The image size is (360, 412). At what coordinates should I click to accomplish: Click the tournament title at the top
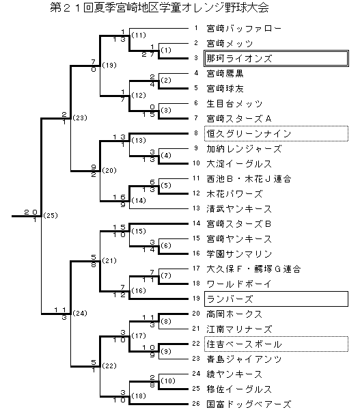click(159, 8)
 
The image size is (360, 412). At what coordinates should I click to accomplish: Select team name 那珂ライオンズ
click(239, 58)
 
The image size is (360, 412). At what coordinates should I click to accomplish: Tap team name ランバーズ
click(230, 299)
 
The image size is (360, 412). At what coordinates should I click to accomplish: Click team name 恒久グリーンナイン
click(249, 134)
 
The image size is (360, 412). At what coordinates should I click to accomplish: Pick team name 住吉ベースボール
click(244, 344)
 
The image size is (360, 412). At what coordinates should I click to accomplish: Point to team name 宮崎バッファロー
click(244, 29)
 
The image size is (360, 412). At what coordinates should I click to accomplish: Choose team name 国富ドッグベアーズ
click(249, 404)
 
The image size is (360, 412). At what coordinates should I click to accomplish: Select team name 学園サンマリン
click(239, 254)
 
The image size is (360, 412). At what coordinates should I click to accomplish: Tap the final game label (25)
click(51, 216)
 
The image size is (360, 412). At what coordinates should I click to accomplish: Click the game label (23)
click(80, 118)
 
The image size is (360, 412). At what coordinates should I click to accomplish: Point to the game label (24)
click(80, 314)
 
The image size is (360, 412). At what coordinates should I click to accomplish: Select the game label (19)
click(109, 65)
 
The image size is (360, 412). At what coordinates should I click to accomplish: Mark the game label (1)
click(166, 50)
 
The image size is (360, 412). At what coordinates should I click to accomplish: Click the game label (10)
click(168, 381)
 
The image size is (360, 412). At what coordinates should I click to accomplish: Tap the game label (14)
click(139, 201)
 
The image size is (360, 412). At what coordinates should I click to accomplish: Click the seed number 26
click(196, 404)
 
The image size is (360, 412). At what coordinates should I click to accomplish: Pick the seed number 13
click(196, 208)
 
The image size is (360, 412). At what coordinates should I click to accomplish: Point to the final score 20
click(31, 212)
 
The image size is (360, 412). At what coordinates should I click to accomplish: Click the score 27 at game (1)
click(148, 55)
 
